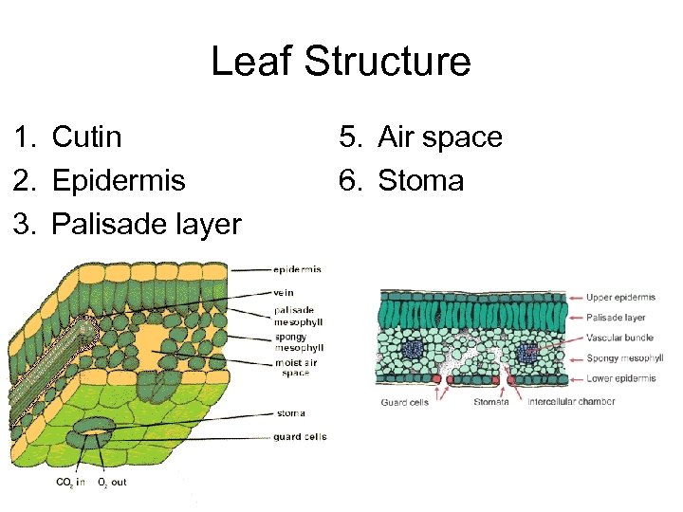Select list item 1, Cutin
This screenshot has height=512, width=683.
point(86,137)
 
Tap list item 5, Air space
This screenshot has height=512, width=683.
point(439,137)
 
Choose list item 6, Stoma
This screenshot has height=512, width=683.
point(420,180)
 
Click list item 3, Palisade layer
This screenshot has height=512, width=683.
point(146,224)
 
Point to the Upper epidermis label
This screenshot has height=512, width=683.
point(619,298)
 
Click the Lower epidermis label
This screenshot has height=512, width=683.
point(620,378)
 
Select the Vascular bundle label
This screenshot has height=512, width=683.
point(619,338)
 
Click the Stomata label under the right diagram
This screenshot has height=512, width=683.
point(491,402)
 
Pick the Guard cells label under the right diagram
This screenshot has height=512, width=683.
point(405,402)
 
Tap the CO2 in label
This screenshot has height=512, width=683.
point(70,483)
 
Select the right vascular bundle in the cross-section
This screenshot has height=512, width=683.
point(527,353)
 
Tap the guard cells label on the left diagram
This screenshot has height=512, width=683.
point(300,436)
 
